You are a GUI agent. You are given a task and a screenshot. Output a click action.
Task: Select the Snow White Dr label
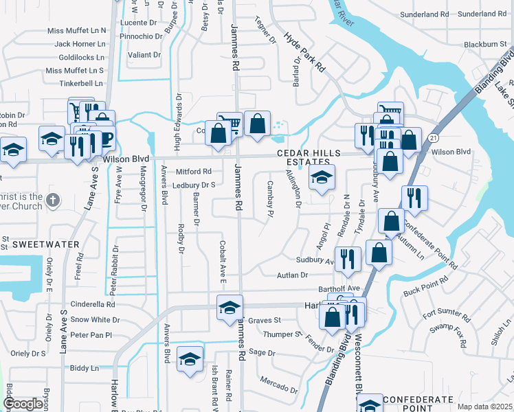93,319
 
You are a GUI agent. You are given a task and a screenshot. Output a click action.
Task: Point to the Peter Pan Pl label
90,335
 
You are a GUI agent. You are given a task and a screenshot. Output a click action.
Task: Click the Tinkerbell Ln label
80,83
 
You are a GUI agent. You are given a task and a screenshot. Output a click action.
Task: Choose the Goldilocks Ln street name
82,57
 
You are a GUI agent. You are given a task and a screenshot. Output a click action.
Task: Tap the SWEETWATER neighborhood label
42,244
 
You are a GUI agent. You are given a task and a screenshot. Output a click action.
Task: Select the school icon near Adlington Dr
322,178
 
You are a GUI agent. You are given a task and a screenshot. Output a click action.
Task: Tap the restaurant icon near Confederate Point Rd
414,198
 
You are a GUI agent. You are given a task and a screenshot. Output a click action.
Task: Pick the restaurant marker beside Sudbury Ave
348,259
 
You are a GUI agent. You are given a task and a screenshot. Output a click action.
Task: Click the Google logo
23,404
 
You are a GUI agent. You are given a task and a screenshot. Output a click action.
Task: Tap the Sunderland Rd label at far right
481,14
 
